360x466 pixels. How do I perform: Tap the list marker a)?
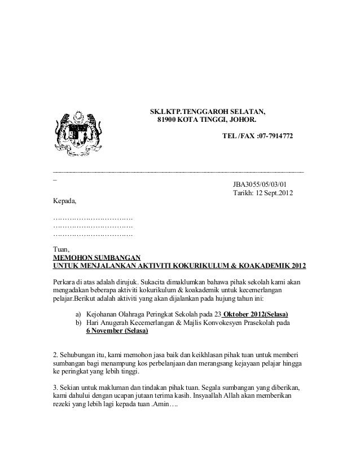78,314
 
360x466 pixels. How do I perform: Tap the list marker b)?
78,323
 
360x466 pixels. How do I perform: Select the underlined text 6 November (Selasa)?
117,331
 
